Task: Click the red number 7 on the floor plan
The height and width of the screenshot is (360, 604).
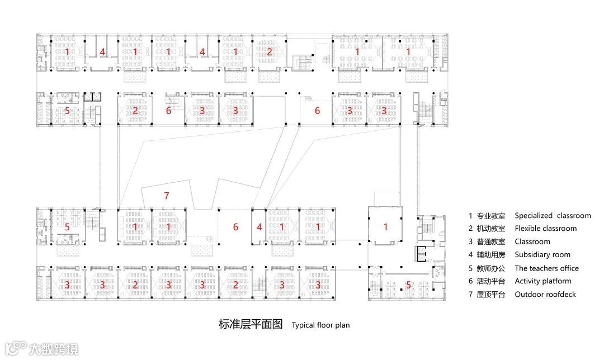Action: coord(166,196)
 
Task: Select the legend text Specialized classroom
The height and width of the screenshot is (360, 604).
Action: coord(553,215)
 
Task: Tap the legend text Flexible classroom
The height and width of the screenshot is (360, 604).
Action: coord(545,228)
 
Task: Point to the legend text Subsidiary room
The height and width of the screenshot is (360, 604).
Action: coord(542,255)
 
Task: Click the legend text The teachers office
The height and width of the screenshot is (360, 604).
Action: coord(546,268)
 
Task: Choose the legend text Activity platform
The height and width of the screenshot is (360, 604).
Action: coord(542,281)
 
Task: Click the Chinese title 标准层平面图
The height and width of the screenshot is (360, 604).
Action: coord(251,324)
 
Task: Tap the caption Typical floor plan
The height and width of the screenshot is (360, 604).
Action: coord(320,325)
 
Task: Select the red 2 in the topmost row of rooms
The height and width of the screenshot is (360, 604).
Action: coord(269,52)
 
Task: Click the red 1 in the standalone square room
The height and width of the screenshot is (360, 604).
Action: coord(385,226)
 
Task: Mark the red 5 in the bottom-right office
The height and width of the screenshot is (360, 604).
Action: coord(408,285)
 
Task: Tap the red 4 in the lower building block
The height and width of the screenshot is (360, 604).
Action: coord(259,227)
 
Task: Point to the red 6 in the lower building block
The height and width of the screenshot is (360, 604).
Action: coord(235,227)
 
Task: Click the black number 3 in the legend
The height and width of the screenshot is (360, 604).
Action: coord(470,242)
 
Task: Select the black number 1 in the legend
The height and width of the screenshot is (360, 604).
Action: coord(470,216)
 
